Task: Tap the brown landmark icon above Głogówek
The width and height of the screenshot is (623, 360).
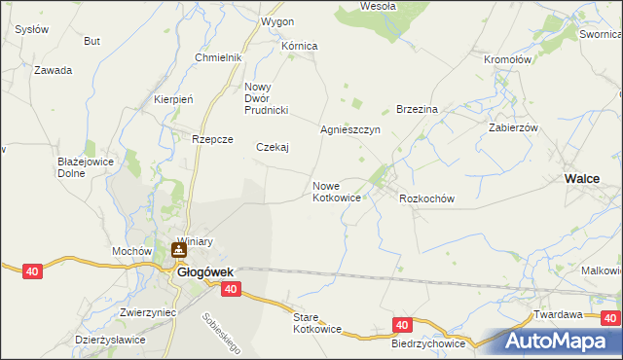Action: (179, 251)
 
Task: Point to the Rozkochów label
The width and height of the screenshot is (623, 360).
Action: (427, 198)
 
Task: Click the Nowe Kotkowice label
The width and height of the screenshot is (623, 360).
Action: (338, 192)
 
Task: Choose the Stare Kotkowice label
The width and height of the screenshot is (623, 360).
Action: (317, 323)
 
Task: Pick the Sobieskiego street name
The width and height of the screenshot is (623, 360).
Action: (221, 332)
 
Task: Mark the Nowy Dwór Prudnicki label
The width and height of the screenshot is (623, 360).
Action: (268, 95)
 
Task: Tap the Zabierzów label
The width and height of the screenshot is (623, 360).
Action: (513, 127)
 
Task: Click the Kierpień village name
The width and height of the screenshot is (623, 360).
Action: (175, 99)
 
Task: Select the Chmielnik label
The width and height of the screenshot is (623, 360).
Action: (218, 57)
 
